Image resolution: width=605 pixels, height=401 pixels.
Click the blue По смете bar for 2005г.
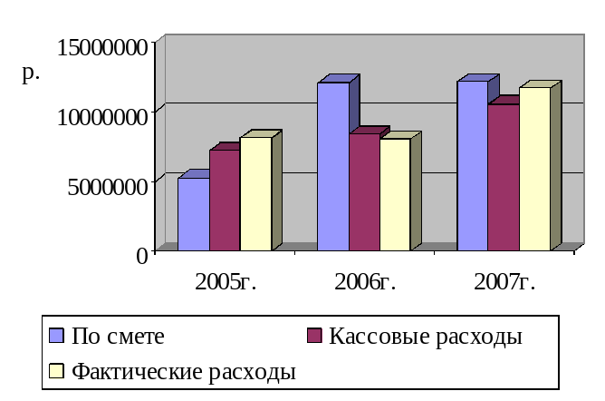[193, 214]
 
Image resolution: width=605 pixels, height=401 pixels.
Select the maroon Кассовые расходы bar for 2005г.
[224, 200]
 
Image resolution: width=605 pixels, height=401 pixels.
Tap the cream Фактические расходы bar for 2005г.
[255, 193]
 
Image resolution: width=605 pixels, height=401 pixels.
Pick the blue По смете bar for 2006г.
[332, 166]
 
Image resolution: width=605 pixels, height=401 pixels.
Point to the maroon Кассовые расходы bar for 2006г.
[363, 191]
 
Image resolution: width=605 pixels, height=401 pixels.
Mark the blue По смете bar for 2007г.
[472, 165]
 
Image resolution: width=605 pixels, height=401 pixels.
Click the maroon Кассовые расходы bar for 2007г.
[503, 177]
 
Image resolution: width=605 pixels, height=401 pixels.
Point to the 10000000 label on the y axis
[102, 116]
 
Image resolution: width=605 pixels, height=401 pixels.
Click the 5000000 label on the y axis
[107, 186]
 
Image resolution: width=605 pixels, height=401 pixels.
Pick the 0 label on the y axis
[141, 255]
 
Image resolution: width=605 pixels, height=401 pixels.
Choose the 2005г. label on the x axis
[226, 281]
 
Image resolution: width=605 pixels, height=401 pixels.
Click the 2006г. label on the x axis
[365, 281]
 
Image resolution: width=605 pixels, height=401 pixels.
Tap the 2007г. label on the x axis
[504, 281]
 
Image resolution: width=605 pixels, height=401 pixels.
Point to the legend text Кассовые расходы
[425, 337]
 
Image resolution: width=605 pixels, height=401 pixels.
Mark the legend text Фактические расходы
[184, 372]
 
